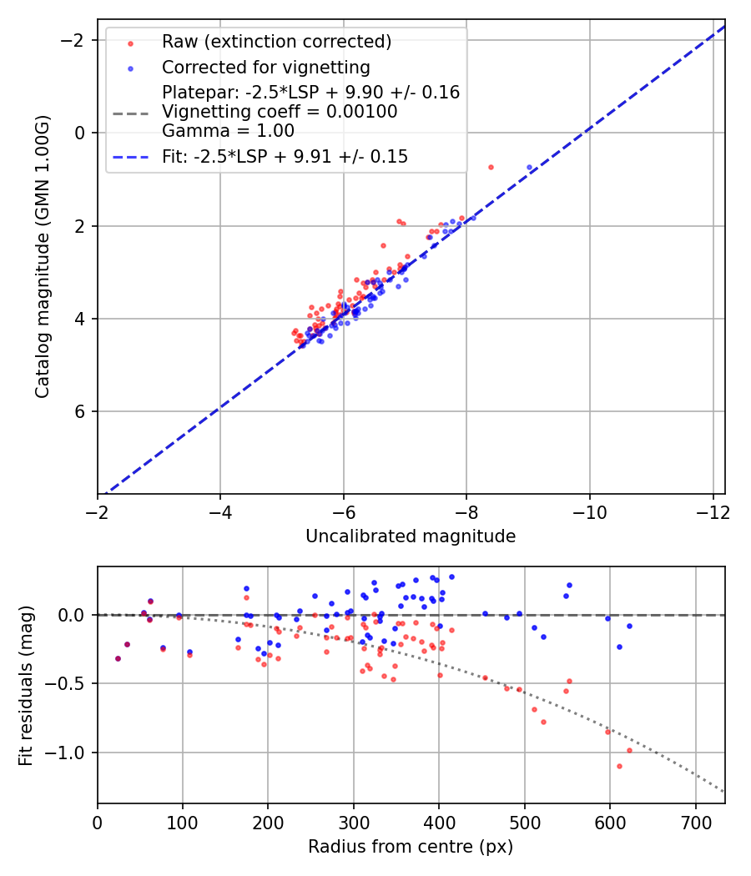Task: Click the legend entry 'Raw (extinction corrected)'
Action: tap(276, 42)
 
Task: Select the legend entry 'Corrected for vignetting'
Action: tap(265, 67)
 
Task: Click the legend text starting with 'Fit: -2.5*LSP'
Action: tap(285, 157)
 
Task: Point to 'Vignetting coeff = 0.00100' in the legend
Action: tap(280, 112)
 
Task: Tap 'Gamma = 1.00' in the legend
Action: tap(228, 131)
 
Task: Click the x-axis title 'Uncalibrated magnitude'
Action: tap(411, 536)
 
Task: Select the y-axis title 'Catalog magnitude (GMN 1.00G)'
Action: tap(43, 257)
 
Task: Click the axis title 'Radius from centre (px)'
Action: tap(411, 847)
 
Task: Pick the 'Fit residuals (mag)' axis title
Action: tap(26, 685)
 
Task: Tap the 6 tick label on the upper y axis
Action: tap(81, 411)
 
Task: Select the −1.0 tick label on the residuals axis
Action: tap(69, 753)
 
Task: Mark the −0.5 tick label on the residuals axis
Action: tap(69, 684)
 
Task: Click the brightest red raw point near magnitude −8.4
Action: tap(491, 167)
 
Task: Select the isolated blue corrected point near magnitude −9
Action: tap(529, 168)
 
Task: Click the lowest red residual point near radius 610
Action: tap(619, 766)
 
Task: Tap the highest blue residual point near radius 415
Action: tap(451, 576)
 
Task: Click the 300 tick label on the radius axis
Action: tap(354, 822)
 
